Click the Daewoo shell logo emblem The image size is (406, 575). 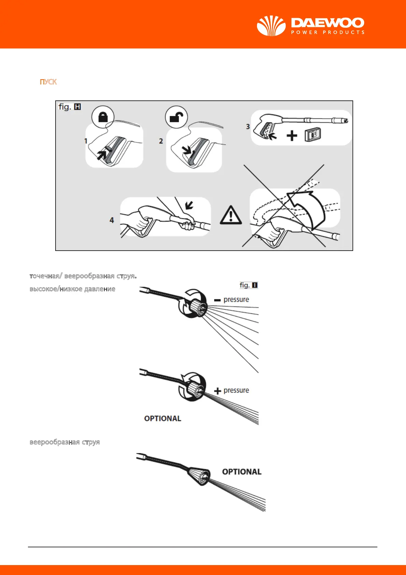click(x=271, y=26)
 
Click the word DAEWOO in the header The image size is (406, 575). click(x=328, y=23)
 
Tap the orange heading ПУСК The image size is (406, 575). click(x=48, y=82)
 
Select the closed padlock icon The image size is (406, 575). click(x=103, y=117)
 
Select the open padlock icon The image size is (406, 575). click(x=176, y=117)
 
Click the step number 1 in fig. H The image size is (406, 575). click(x=86, y=141)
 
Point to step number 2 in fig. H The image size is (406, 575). click(x=161, y=141)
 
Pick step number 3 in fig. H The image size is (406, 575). click(x=248, y=127)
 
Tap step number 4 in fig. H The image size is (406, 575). click(x=111, y=220)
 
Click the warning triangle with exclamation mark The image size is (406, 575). click(x=231, y=216)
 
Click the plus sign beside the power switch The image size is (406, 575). click(x=292, y=136)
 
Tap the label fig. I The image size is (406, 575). click(x=249, y=285)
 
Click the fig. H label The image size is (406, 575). click(x=70, y=107)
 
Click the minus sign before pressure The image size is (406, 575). click(x=217, y=300)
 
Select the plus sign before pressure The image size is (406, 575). click(x=217, y=391)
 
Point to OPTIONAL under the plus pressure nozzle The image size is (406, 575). click(x=163, y=419)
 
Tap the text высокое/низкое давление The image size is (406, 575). click(x=73, y=289)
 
